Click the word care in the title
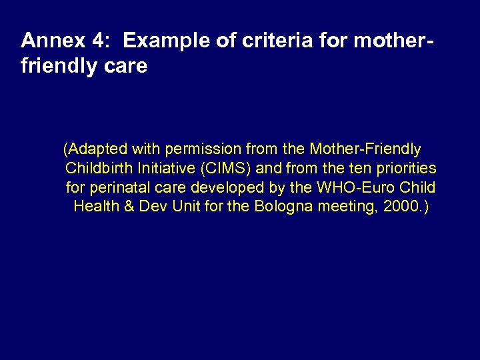(126, 67)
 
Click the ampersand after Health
(129, 206)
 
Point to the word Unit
(186, 206)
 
